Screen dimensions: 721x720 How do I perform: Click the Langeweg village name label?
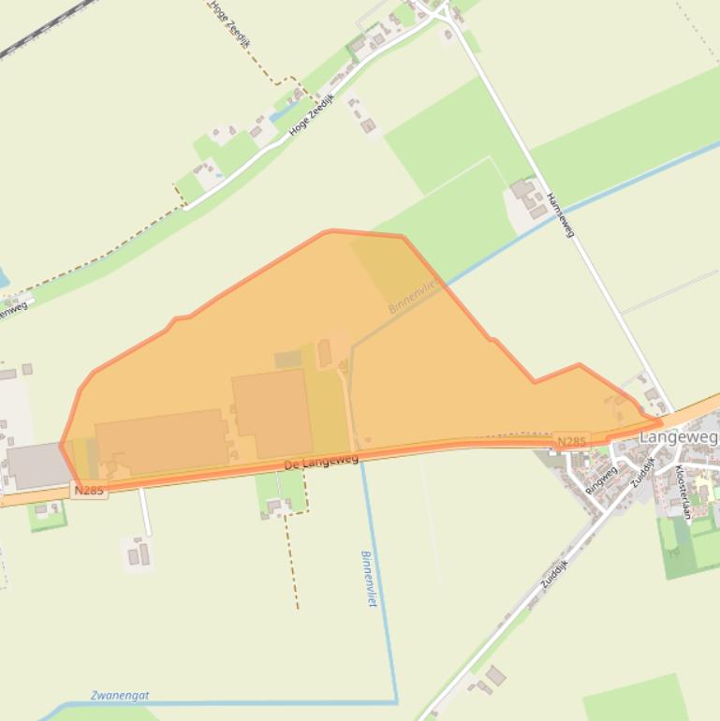(678, 437)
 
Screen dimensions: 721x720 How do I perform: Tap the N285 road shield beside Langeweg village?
(571, 441)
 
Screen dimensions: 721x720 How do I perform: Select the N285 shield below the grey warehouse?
(88, 490)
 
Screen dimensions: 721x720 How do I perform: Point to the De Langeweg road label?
(322, 461)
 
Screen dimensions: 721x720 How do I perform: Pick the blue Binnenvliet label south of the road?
(367, 579)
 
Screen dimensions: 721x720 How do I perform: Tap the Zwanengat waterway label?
(120, 696)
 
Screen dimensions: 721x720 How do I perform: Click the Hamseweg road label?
(560, 214)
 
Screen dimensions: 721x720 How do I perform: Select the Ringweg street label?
(601, 479)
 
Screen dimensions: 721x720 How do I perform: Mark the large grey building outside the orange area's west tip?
(37, 465)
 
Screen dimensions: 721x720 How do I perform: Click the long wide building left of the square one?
(161, 441)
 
